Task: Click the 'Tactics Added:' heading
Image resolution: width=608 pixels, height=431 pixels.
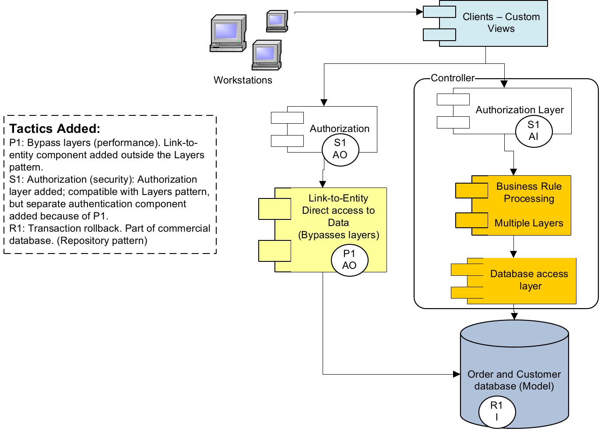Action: (x=55, y=129)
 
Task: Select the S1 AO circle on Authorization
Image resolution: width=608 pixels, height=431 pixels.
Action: (x=340, y=149)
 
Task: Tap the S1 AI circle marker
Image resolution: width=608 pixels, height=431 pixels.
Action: (x=533, y=131)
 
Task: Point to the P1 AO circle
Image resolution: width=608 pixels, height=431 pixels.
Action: (x=349, y=260)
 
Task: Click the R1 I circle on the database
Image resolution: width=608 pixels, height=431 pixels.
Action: (x=496, y=411)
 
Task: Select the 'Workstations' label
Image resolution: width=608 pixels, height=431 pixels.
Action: (x=242, y=80)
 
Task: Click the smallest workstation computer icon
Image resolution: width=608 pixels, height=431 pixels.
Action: (x=277, y=21)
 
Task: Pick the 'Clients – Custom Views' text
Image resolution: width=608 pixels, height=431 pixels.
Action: (x=501, y=23)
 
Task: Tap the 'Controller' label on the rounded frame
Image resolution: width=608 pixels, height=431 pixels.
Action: (x=452, y=78)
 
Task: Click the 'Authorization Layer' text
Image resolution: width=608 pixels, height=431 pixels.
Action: (x=520, y=110)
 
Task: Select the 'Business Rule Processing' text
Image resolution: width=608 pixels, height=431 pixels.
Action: (x=529, y=192)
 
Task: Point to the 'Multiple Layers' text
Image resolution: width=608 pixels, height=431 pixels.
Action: (x=529, y=223)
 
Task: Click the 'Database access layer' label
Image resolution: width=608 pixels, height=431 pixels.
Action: (x=529, y=280)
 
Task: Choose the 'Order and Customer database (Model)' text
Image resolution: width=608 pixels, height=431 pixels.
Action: (x=514, y=380)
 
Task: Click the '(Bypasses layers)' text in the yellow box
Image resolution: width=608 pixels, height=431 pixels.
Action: (x=338, y=235)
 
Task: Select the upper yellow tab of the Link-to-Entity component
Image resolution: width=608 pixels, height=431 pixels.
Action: (x=274, y=209)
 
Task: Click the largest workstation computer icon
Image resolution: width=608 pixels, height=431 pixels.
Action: (x=227, y=34)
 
